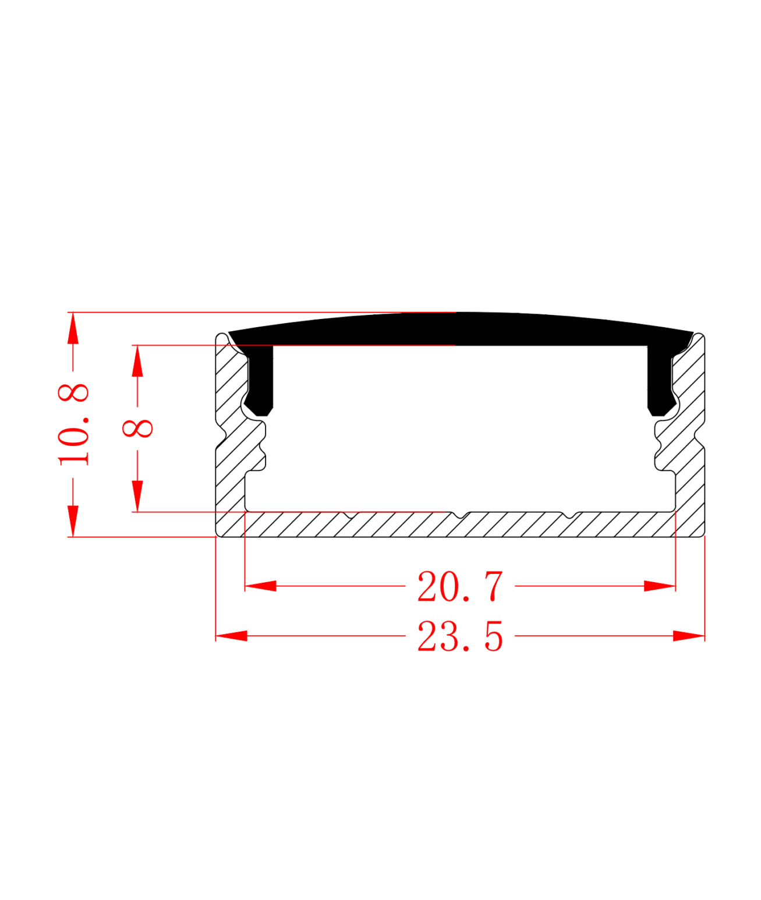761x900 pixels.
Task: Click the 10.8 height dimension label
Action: click(x=73, y=425)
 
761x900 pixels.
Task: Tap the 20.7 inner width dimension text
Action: click(x=460, y=586)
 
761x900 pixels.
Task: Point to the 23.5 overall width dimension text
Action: click(x=460, y=636)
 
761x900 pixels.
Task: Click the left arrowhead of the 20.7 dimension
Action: click(x=260, y=586)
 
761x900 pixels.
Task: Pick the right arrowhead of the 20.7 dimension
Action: click(x=660, y=586)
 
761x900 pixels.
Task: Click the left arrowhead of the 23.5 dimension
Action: click(x=231, y=636)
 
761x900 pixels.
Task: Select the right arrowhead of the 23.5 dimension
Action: click(x=689, y=636)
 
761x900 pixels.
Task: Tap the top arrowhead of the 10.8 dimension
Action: click(x=73, y=328)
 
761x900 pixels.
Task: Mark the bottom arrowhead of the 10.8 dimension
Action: click(x=73, y=521)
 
